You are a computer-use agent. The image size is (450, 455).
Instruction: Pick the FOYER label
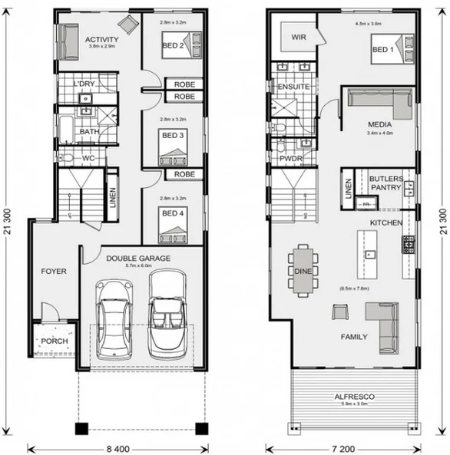click(53, 271)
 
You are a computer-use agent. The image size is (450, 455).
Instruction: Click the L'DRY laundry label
click(84, 84)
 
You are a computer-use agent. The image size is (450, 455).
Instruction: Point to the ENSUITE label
click(293, 87)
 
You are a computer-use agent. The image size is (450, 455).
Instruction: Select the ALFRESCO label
click(354, 396)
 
